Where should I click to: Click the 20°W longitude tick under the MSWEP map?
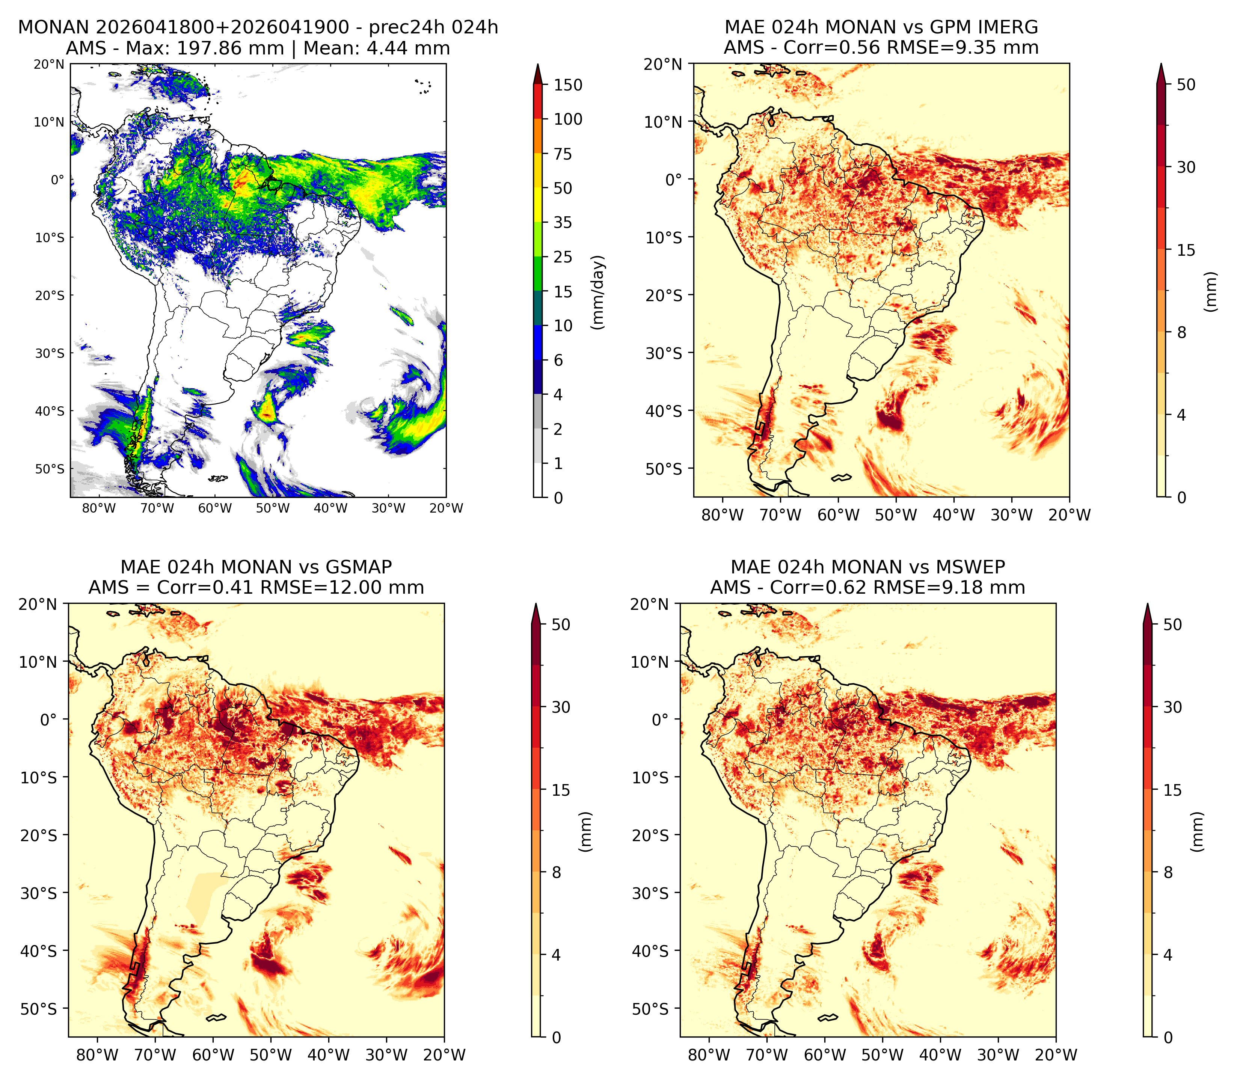1056,1055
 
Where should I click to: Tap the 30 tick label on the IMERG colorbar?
1186,167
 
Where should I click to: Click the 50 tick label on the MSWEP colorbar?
1172,624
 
